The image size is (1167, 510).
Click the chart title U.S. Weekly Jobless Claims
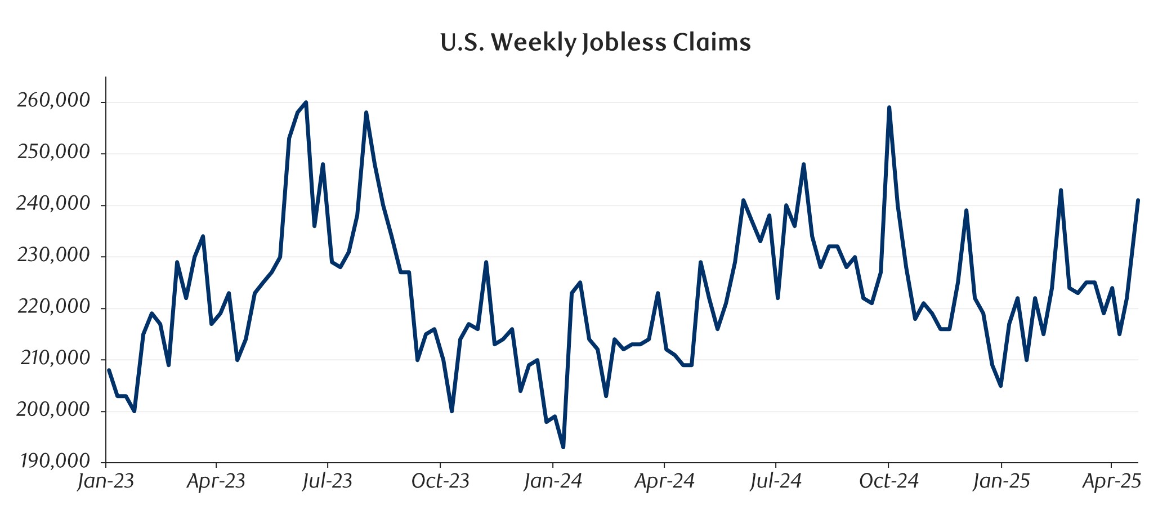595,43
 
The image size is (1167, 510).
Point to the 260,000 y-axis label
53,101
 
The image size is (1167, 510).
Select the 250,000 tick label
53,153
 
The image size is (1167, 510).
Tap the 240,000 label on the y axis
53,204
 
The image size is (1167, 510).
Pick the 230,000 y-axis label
53,256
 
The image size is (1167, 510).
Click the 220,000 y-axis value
53,307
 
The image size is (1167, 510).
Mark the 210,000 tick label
55,359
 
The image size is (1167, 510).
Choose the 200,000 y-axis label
53,410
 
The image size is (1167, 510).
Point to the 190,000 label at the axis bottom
55,462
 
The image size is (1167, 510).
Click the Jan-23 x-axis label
106,482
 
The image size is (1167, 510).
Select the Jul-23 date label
327,482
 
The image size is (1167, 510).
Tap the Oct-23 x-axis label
440,482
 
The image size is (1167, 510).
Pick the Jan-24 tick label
553,482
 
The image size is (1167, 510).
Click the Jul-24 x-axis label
776,482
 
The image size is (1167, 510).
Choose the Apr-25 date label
1112,482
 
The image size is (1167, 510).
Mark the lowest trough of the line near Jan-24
564,448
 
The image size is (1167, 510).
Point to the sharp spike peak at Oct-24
889,108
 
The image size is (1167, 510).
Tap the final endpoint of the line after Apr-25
1138,200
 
